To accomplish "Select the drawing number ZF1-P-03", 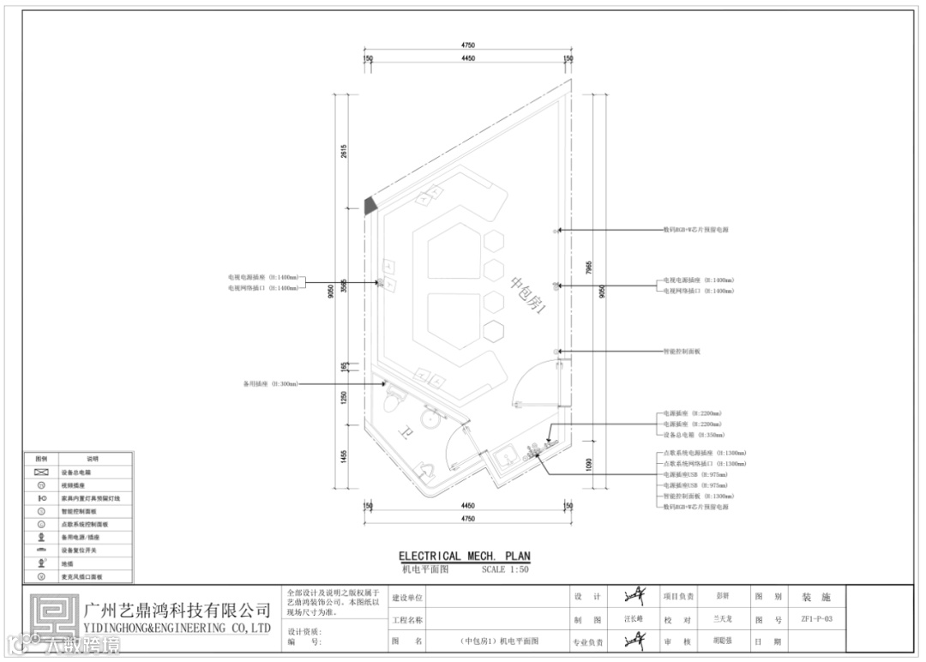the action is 816,618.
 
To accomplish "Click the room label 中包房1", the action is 529,294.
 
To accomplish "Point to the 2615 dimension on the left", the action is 344,152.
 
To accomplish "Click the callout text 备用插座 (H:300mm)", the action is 269,384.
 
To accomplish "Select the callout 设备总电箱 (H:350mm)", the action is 691,436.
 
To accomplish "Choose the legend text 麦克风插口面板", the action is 82,577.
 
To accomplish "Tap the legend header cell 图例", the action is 40,460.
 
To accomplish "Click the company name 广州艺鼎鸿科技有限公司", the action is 178,611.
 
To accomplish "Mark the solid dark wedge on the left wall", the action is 370,204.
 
